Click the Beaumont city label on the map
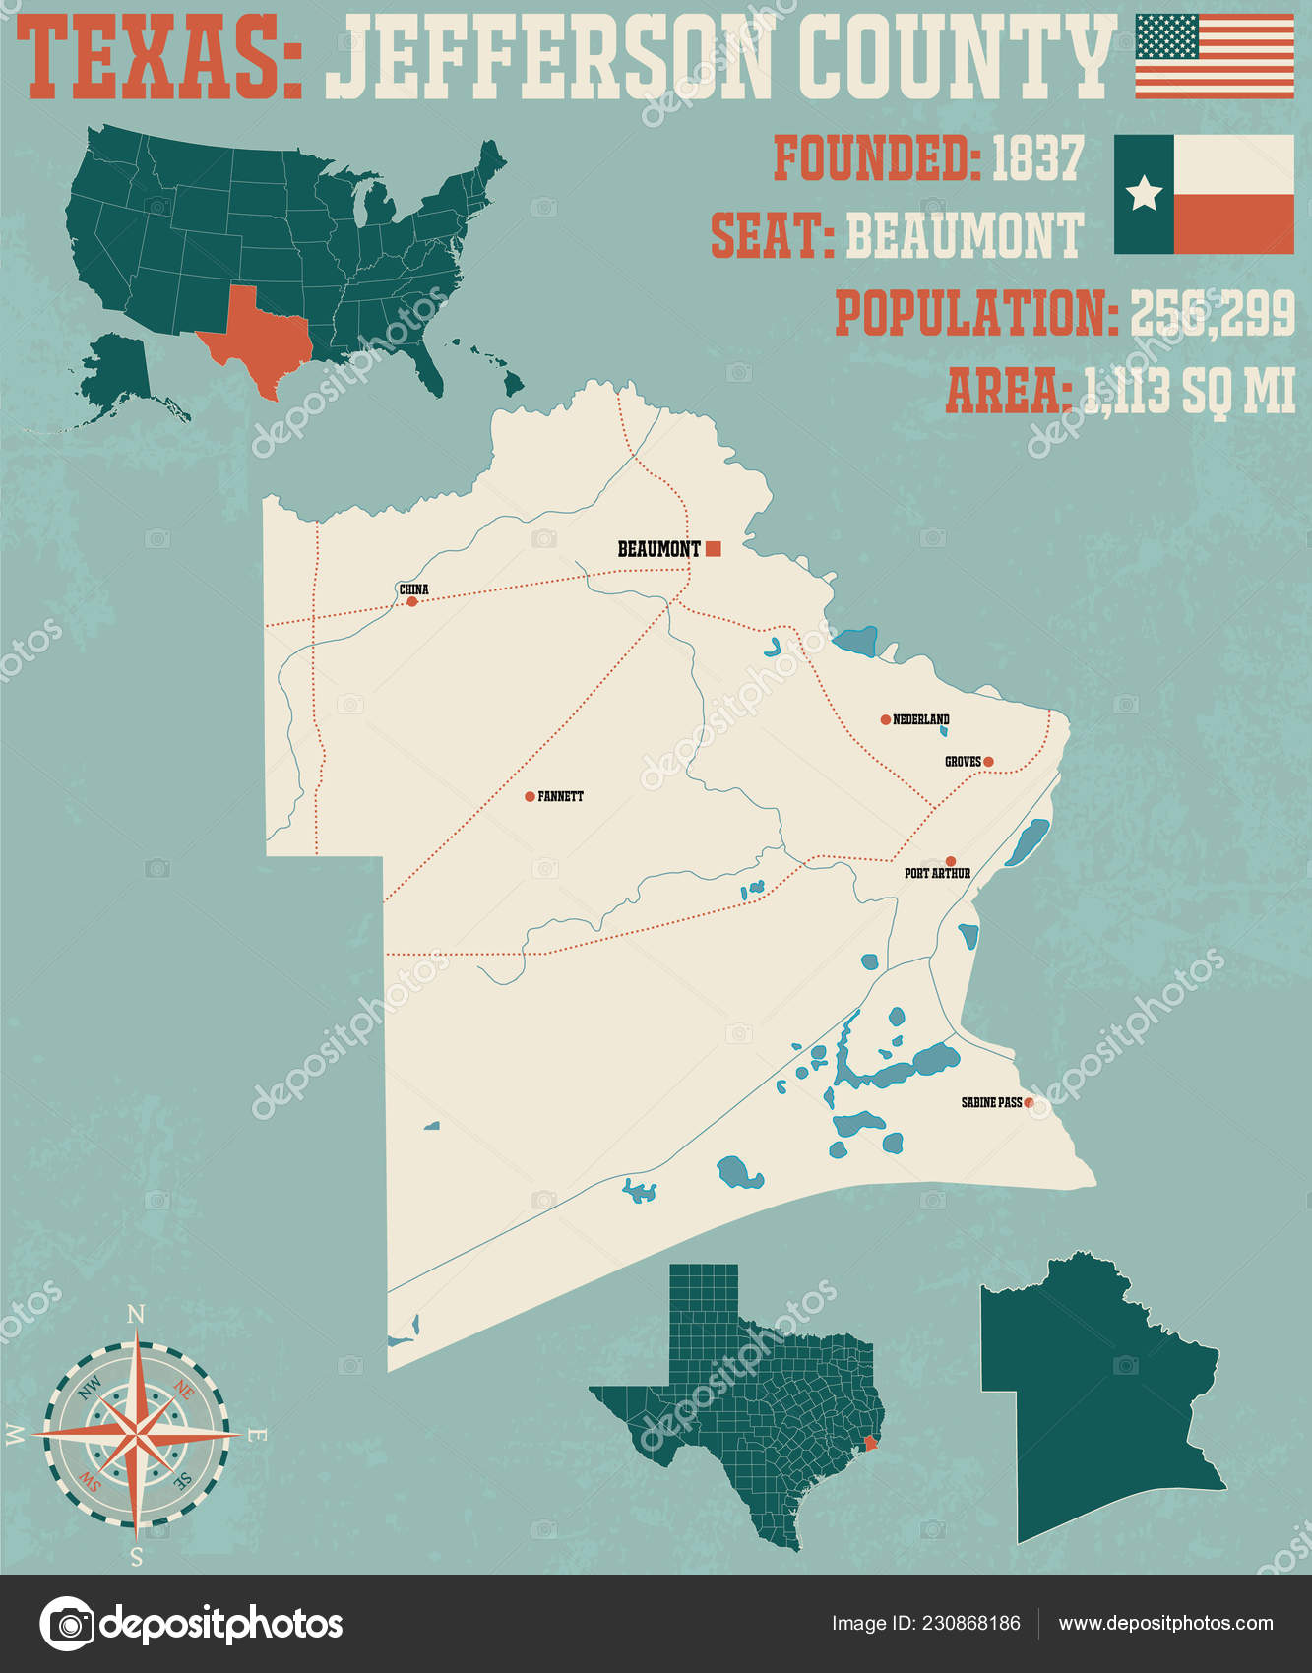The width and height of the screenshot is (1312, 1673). tap(658, 549)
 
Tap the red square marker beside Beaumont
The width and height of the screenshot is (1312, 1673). tap(714, 549)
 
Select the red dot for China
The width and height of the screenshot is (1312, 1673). tap(412, 601)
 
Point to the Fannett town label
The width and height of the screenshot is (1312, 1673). tap(560, 796)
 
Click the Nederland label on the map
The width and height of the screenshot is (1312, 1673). tap(921, 719)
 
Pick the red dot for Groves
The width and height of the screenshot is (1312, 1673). tap(988, 761)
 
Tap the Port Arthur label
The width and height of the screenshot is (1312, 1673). tap(937, 873)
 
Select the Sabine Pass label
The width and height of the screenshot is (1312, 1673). tap(991, 1102)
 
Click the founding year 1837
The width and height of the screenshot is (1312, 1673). tap(1036, 158)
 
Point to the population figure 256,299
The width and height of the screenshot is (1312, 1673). tap(1212, 314)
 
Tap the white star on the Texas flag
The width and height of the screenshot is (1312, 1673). tap(1144, 193)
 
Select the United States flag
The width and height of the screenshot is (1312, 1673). tap(1215, 56)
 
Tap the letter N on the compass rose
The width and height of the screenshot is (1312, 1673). tap(137, 1314)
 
